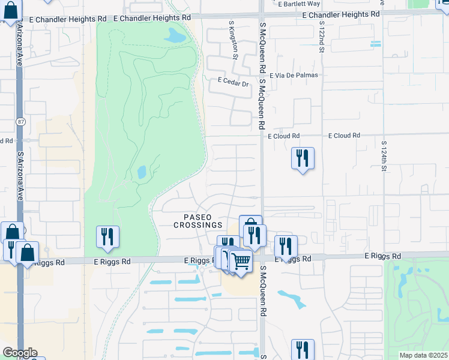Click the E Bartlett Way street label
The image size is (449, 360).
pos(300,4)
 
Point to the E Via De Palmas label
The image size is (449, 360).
pos(294,76)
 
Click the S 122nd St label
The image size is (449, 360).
pos(322,38)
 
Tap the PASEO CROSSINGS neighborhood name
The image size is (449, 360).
pos(198,220)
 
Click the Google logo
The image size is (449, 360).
pos(19,352)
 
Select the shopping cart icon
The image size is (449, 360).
pos(241,262)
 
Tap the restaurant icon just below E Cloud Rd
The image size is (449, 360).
pos(303,158)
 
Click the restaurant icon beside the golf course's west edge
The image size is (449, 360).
pos(107,237)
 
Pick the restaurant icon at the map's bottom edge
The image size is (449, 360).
pos(303,350)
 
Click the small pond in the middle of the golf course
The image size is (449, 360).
pos(142,173)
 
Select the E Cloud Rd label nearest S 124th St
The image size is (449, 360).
pos(344,136)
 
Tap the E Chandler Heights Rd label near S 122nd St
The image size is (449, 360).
pos(341,14)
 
